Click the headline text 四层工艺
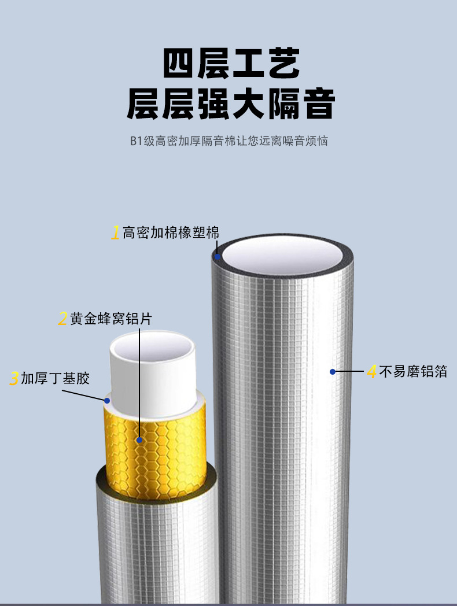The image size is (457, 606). click(231, 64)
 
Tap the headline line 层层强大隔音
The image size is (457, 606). click(231, 104)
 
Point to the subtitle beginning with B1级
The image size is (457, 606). click(229, 141)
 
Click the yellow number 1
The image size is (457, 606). click(116, 233)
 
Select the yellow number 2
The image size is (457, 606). click(62, 319)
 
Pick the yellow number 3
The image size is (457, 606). click(14, 379)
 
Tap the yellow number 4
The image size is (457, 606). click(372, 371)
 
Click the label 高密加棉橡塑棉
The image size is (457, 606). click(171, 233)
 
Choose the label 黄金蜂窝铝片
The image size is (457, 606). click(111, 319)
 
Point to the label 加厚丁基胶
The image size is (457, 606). click(56, 379)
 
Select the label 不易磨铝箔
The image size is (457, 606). click(413, 371)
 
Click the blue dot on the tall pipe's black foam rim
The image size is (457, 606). click(218, 256)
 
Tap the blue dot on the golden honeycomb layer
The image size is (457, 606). click(139, 440)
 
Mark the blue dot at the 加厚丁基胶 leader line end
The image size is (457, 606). click(107, 400)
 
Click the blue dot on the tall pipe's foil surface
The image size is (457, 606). click(333, 371)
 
